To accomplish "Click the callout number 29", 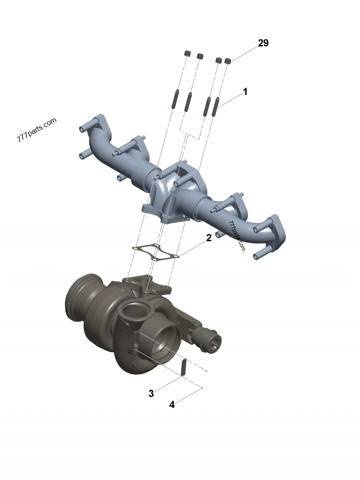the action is click(263, 43).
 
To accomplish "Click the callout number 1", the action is click(245, 91).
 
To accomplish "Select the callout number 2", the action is click(208, 238).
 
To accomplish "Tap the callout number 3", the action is click(151, 394).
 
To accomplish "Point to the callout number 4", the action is click(172, 405).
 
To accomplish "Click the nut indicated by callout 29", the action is click(227, 61).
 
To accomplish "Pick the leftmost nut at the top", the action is click(187, 53).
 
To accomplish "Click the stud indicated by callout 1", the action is click(216, 107).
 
